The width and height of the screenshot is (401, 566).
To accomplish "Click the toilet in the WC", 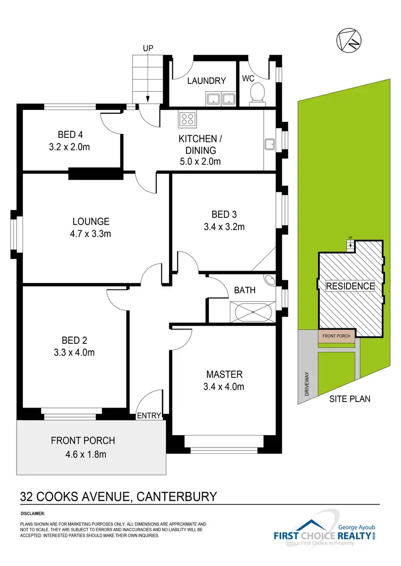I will tap(257, 93).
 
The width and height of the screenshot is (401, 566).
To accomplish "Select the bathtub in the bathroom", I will tap(251, 311).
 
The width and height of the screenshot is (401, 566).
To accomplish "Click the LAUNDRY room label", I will tap(206, 81).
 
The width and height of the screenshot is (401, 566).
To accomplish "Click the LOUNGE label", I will tap(91, 222).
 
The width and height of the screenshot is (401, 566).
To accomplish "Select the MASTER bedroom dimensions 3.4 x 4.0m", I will tap(225, 387).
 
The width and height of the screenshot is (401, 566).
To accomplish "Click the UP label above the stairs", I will tap(148, 49).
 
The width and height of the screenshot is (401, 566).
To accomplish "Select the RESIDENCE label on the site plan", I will tap(350, 286).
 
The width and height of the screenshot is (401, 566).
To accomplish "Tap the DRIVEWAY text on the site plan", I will tap(307, 383).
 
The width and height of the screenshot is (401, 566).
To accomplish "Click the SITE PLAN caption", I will tap(350, 398).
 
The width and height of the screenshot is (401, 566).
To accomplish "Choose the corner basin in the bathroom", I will tap(269, 280).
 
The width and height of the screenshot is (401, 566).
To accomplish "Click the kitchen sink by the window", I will tap(269, 144).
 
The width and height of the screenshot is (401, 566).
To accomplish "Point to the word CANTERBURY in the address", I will tap(177, 496).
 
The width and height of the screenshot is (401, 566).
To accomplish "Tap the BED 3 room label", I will tap(224, 215).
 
